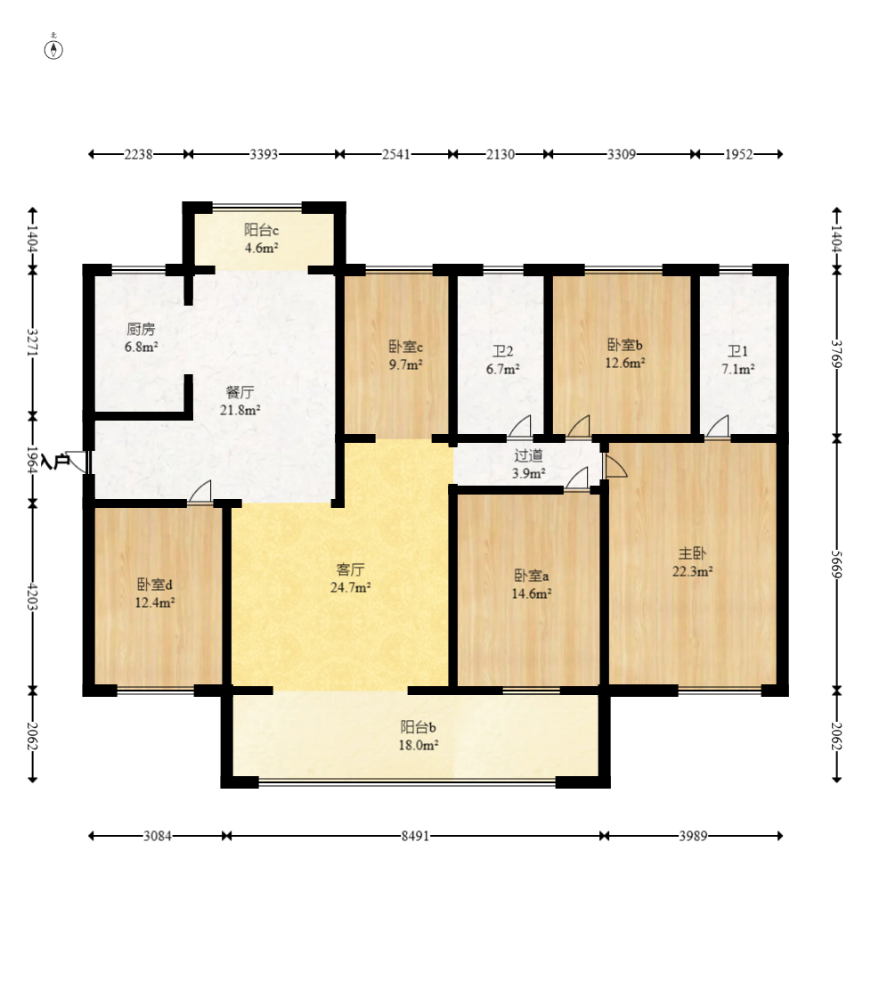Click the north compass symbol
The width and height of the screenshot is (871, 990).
[x=53, y=48]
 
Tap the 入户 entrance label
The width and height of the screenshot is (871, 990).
[x=55, y=462]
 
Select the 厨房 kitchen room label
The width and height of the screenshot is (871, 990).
[x=141, y=329]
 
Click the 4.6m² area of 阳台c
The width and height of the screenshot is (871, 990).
[x=262, y=248]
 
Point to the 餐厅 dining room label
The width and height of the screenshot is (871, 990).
[x=240, y=392]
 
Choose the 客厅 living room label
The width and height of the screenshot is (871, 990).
[x=350, y=569]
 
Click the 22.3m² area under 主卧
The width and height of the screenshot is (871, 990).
[x=692, y=572]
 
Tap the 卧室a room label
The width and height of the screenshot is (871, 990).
[x=532, y=576]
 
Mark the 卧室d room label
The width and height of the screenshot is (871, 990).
[x=155, y=585]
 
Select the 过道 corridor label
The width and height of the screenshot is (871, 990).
[x=528, y=455]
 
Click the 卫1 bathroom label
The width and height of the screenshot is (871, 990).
[x=737, y=352]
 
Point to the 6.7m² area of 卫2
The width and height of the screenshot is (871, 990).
[x=503, y=369]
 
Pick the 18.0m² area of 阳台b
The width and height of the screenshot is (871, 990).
[x=419, y=746]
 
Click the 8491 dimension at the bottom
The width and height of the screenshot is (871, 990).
[x=415, y=836]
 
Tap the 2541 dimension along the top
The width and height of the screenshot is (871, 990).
[x=395, y=154]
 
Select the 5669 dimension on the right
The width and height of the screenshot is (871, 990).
[x=836, y=563]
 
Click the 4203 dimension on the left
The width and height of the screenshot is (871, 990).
[x=33, y=597]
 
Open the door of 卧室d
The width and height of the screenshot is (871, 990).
[x=200, y=493]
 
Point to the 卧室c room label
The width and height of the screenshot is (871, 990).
[x=405, y=347]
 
